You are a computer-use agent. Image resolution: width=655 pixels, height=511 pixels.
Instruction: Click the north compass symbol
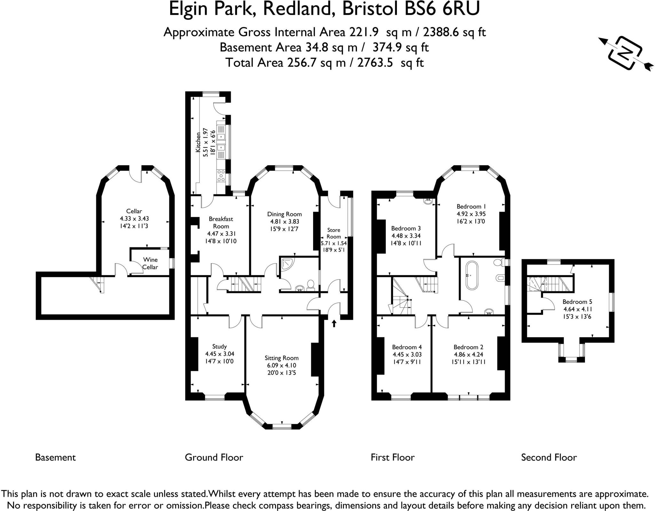(x=626, y=53)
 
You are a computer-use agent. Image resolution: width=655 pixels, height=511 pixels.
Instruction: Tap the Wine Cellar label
(x=150, y=263)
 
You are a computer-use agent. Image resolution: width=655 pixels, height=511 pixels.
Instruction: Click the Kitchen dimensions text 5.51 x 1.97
(x=206, y=142)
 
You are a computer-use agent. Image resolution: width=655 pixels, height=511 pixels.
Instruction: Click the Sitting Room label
(x=281, y=358)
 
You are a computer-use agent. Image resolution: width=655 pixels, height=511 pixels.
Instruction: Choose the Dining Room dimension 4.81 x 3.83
(x=284, y=222)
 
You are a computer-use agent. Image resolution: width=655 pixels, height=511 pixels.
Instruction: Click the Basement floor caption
(x=55, y=457)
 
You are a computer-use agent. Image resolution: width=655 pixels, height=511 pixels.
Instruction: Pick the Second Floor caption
(x=549, y=457)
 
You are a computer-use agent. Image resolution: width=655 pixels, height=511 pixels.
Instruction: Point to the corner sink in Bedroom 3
(x=428, y=201)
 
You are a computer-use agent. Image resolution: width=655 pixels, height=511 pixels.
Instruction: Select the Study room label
(x=219, y=346)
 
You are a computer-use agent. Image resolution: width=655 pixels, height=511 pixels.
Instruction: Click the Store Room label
(x=334, y=233)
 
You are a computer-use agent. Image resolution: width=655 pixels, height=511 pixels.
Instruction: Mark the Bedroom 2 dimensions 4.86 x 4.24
(x=468, y=354)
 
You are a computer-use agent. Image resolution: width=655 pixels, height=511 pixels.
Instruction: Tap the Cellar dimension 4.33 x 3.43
(x=134, y=219)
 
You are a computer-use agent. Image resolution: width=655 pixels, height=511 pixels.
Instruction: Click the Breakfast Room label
(x=221, y=222)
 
